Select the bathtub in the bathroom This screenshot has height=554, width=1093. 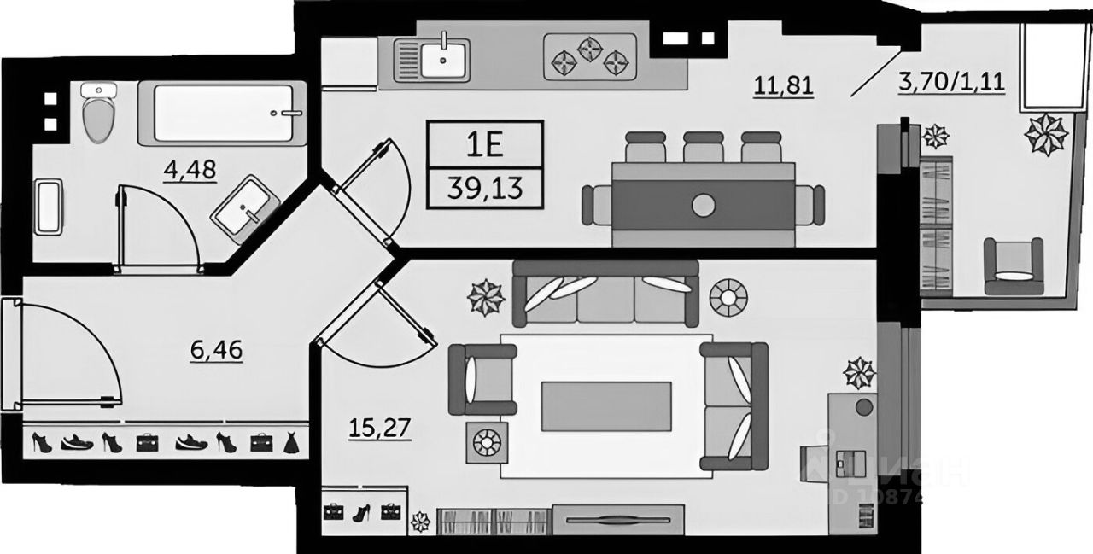pos(229,113)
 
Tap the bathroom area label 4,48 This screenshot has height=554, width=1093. pos(190,170)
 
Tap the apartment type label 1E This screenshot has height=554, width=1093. pos(484,145)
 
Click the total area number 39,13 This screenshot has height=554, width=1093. pos(484,187)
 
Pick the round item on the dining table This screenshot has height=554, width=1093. pos(703,205)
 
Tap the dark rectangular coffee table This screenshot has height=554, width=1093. pos(605,405)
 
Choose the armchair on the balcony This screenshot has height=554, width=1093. pos(1014,266)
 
